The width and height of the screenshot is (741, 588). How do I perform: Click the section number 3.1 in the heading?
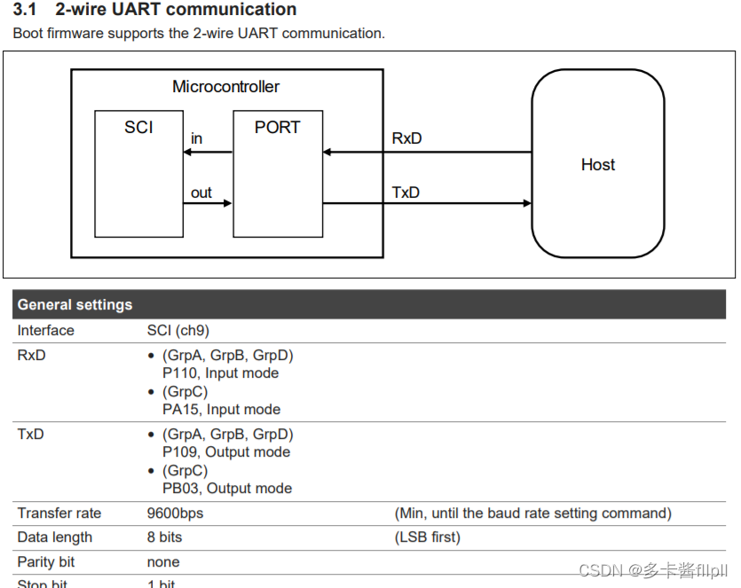25,10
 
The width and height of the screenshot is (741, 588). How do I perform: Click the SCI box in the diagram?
138,173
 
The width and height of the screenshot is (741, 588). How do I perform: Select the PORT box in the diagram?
277,173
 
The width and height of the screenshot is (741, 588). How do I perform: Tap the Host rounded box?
597,164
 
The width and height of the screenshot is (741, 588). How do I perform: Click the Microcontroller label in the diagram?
225,87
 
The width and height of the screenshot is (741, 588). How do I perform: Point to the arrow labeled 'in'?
208,153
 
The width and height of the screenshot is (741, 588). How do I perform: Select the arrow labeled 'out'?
208,203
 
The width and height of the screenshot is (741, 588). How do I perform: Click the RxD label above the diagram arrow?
406,139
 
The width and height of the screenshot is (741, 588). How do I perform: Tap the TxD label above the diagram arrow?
406,192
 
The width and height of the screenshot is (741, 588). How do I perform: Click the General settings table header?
75,304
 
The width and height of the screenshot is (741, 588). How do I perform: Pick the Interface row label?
45,330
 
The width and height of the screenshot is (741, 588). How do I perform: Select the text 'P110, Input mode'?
220,373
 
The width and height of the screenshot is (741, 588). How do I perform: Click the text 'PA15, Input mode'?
221,410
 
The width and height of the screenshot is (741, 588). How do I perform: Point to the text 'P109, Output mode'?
226,452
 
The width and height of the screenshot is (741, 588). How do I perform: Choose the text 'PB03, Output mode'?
227,489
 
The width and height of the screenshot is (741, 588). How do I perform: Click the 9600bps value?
175,514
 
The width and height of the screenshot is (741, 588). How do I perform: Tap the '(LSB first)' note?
427,537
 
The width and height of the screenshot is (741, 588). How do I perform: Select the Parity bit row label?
46,562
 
